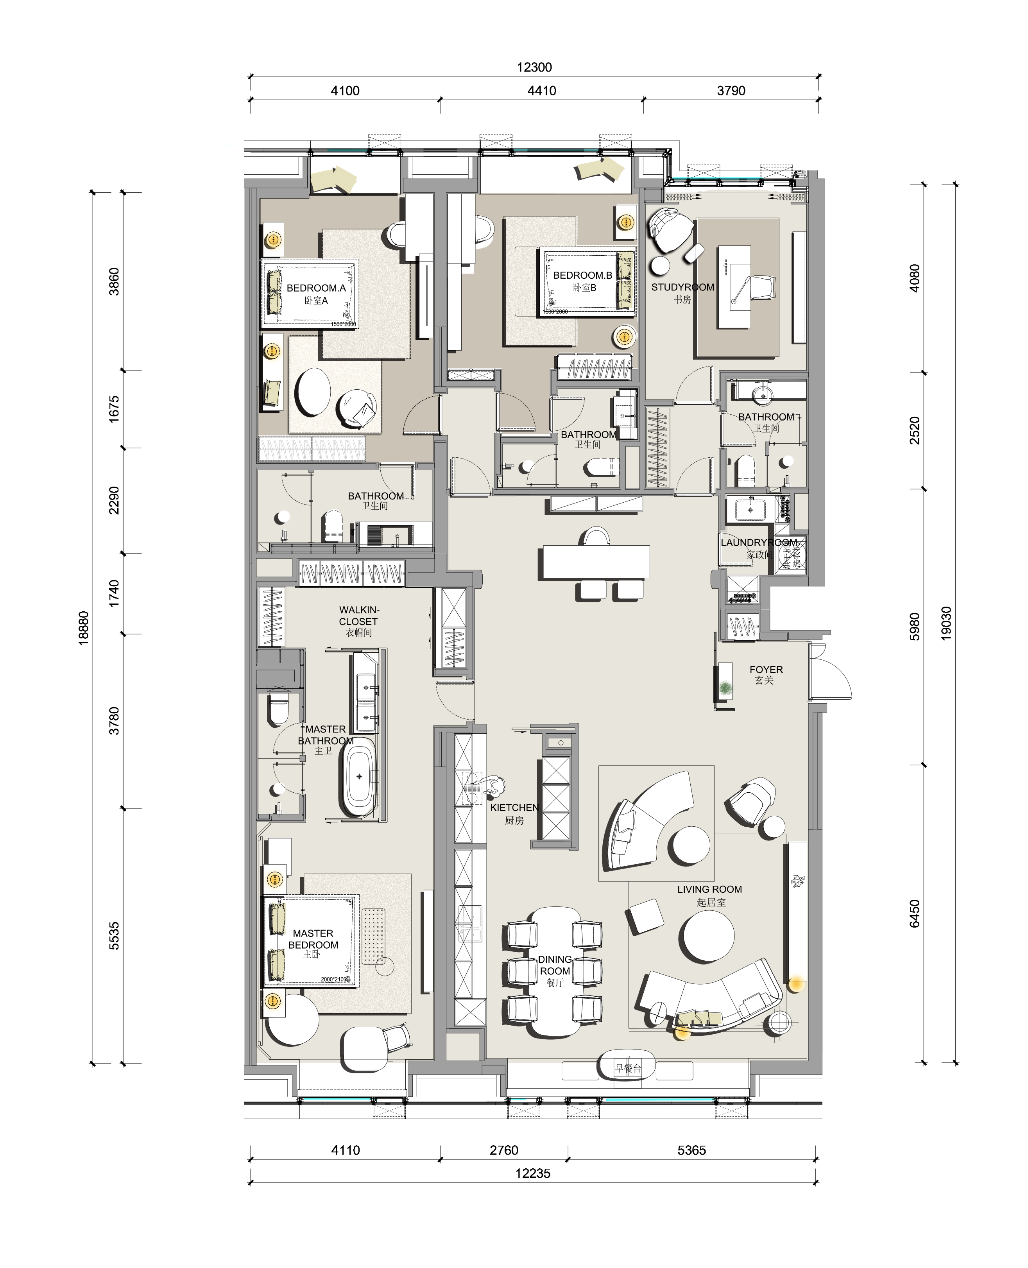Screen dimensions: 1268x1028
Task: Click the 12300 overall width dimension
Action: click(534, 68)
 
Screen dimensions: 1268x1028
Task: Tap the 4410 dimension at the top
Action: click(541, 91)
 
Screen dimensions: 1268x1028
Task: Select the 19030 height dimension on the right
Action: click(946, 622)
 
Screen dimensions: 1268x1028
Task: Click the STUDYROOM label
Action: click(683, 288)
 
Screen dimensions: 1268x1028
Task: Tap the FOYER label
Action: click(766, 670)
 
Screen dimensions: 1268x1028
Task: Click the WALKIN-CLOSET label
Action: click(358, 616)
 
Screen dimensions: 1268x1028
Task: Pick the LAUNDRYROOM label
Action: click(759, 543)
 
